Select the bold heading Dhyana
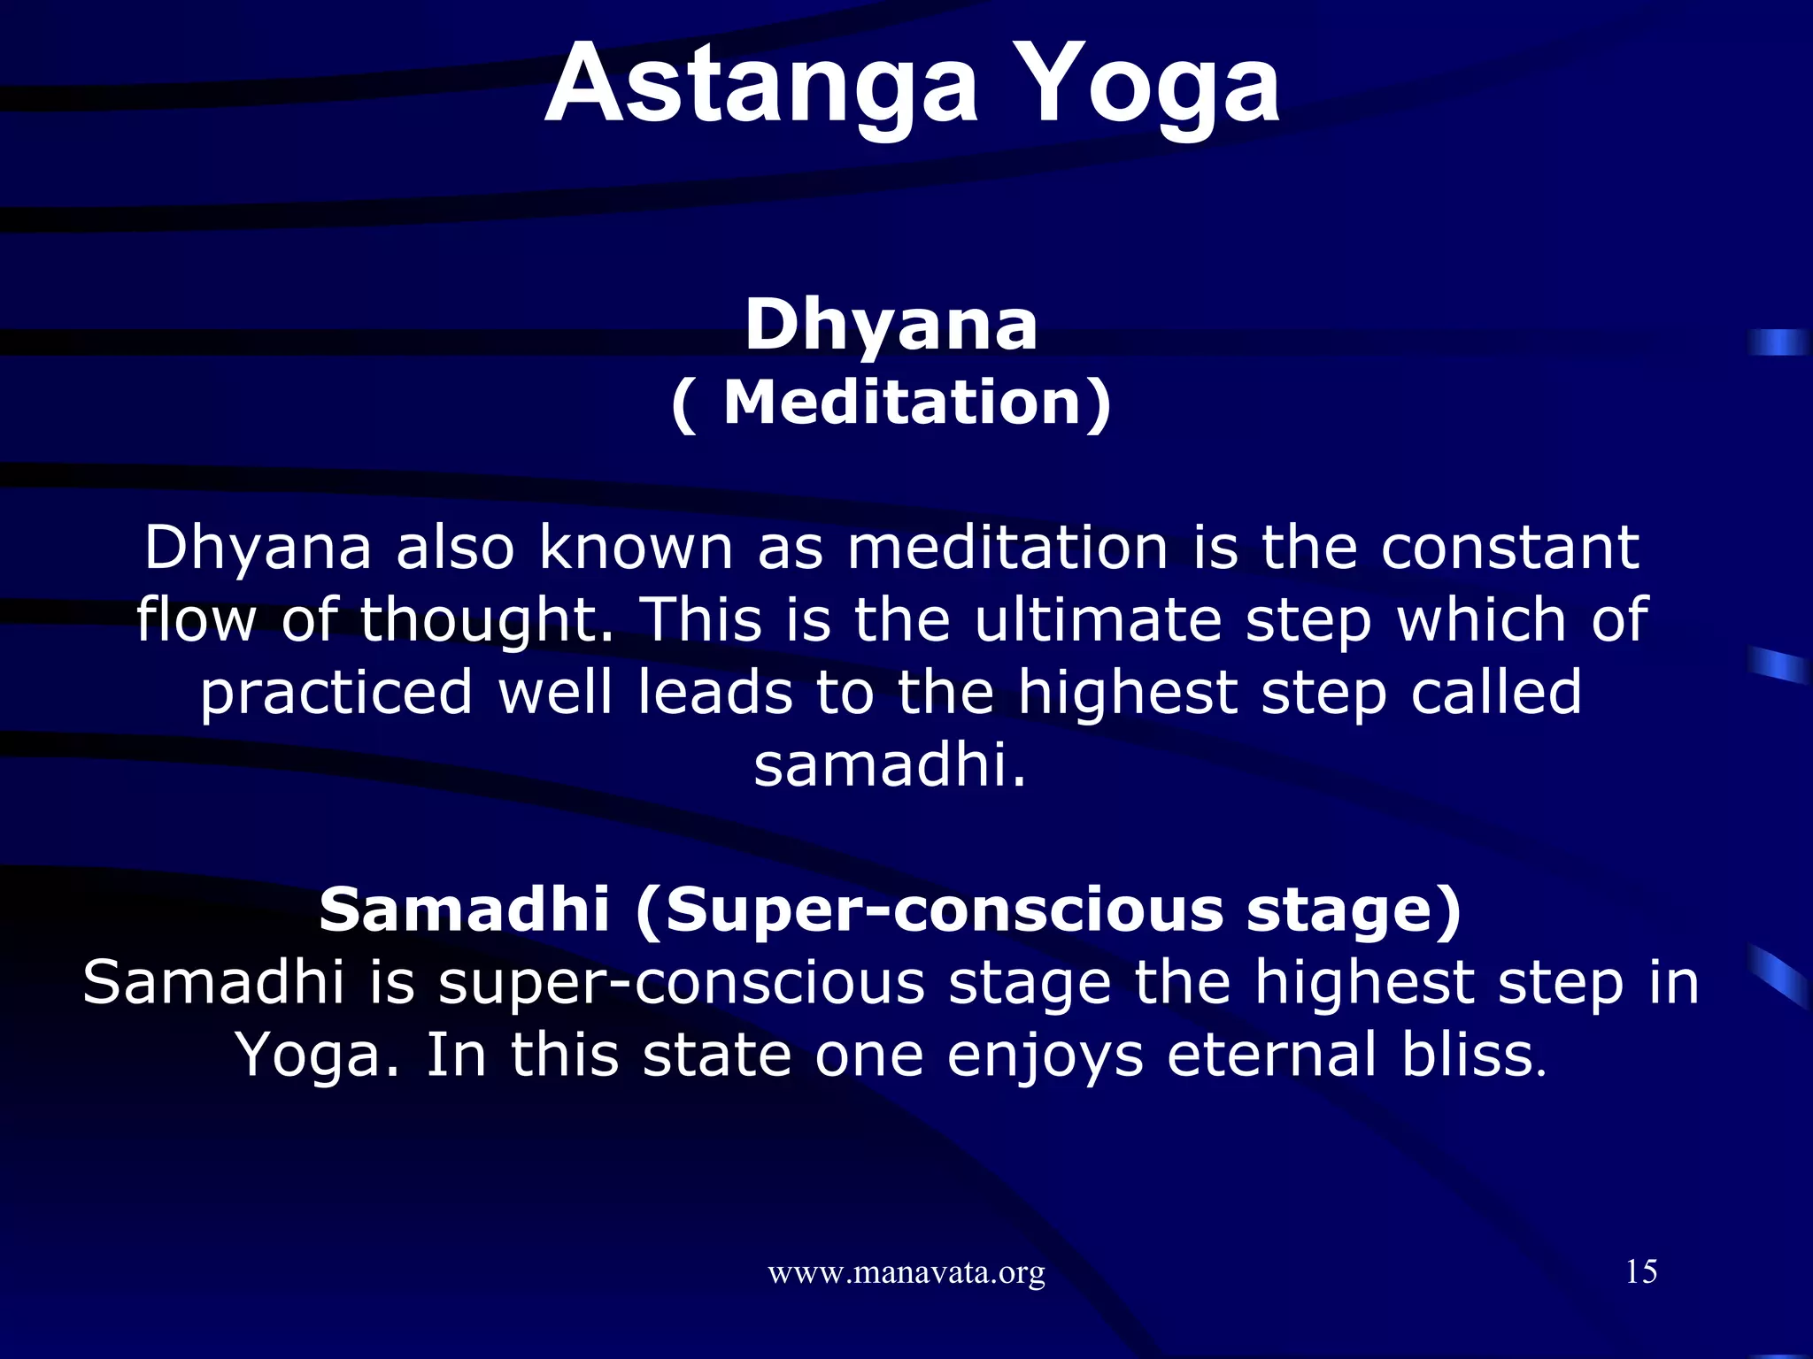tap(891, 326)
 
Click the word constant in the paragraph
tap(1509, 548)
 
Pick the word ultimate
tap(1098, 619)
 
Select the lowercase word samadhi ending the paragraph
tap(889, 765)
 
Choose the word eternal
tap(1271, 1056)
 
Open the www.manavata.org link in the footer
tap(906, 1273)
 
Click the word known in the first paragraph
tap(636, 548)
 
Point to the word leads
tap(714, 693)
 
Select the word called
tap(1495, 693)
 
